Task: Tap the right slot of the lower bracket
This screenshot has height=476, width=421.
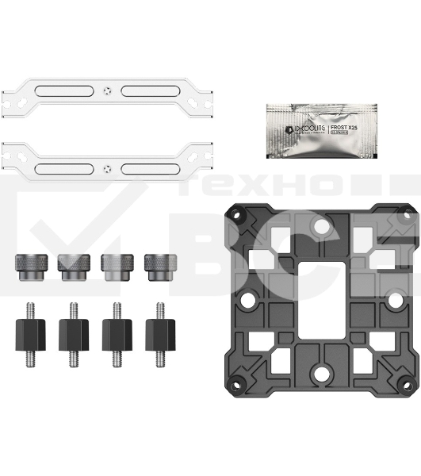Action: (152, 167)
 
